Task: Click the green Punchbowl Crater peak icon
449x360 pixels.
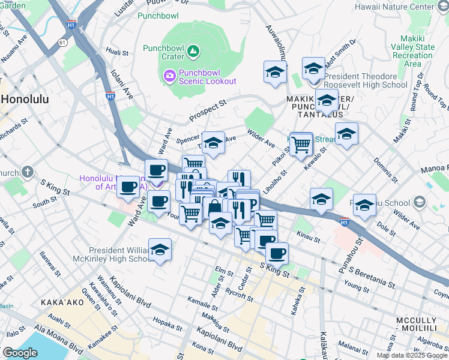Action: [193, 52]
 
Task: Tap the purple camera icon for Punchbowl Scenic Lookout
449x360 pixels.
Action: [169, 76]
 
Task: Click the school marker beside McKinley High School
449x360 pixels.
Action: [160, 250]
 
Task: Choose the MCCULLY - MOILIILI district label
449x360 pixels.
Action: [420, 326]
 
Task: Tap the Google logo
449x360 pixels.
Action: [20, 353]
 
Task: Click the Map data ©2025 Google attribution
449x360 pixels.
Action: [412, 355]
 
